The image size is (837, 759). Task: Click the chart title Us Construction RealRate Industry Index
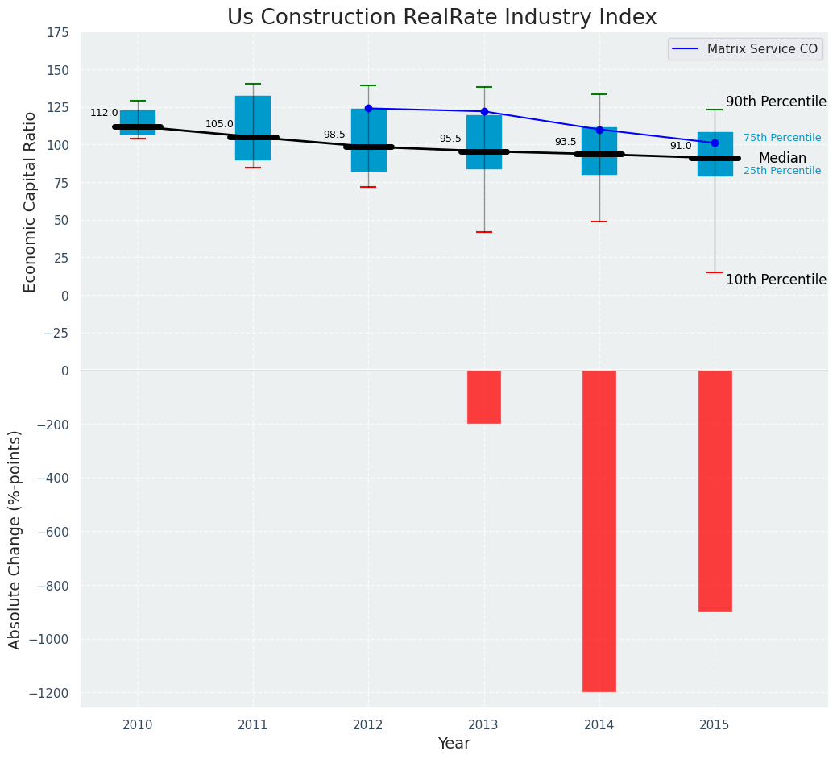[441, 18]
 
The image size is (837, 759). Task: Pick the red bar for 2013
[484, 396]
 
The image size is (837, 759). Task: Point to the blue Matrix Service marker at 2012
[369, 108]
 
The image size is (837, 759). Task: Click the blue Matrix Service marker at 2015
[715, 143]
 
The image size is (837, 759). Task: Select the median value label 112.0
[104, 114]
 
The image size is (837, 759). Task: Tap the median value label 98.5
[334, 135]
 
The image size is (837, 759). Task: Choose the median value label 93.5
[566, 143]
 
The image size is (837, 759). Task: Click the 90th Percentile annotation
[776, 102]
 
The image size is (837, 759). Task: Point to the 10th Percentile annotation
[776, 280]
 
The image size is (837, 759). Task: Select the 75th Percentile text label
[782, 139]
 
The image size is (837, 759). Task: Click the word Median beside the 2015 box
[782, 159]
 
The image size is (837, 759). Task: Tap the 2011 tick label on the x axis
[253, 725]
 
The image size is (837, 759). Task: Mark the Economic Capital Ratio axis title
[31, 201]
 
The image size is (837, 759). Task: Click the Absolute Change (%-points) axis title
[15, 539]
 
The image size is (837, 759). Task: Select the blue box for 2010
[138, 118]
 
